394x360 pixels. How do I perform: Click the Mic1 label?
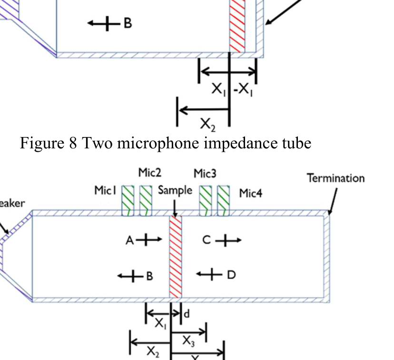(x=105, y=191)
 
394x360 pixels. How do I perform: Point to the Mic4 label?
(x=250, y=193)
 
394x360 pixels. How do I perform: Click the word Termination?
(x=335, y=178)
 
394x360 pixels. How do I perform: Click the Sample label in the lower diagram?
(x=175, y=190)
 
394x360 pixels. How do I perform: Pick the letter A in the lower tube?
(x=130, y=241)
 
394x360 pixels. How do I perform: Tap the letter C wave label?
(x=206, y=241)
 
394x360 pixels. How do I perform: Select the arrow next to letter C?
(x=228, y=241)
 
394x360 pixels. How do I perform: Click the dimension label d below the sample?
(x=187, y=313)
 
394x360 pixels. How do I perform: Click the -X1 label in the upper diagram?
(x=244, y=89)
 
